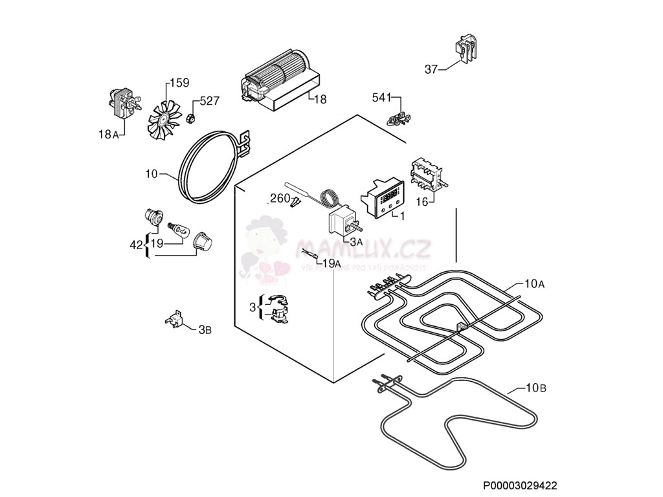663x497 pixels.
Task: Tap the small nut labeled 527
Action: tap(191, 118)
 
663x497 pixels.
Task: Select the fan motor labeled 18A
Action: tap(122, 105)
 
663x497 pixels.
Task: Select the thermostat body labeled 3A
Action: tap(342, 222)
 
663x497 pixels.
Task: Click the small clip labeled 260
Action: tap(296, 203)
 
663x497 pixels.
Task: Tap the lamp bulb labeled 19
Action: tap(177, 228)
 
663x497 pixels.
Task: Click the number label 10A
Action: tap(534, 283)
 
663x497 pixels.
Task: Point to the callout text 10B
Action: tap(535, 388)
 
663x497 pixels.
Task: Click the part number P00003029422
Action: tap(520, 485)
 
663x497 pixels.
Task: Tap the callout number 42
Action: tap(136, 245)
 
